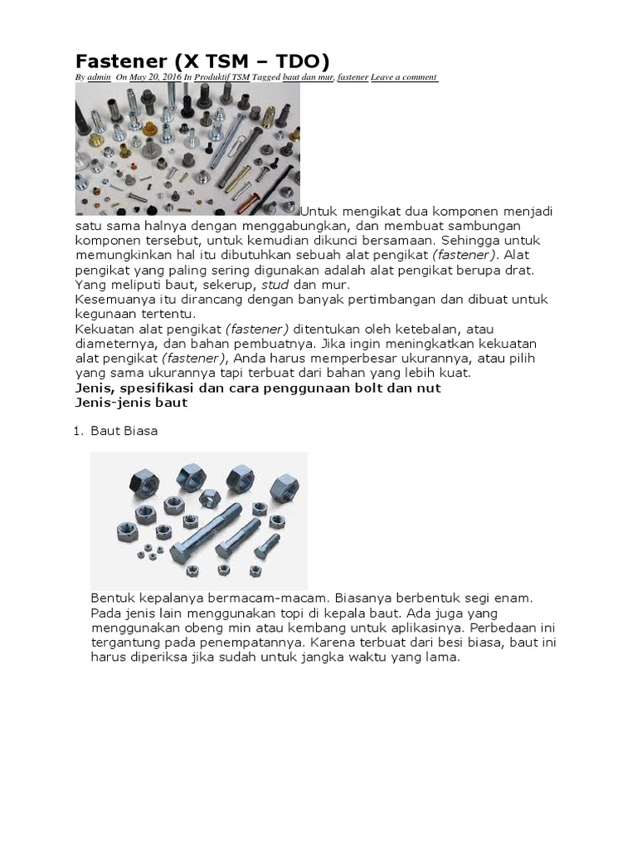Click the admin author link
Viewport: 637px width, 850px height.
point(99,77)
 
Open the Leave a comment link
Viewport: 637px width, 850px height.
point(404,77)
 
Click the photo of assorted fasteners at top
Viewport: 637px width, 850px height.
point(187,149)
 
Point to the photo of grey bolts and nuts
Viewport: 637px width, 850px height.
point(198,520)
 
